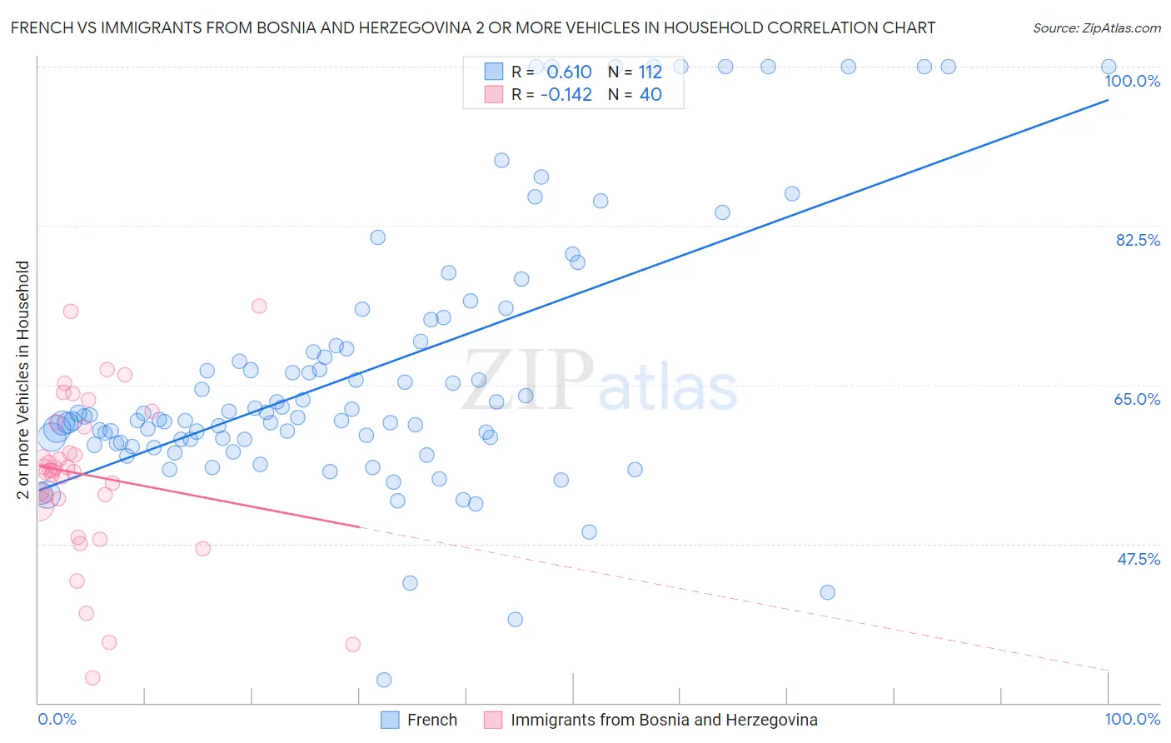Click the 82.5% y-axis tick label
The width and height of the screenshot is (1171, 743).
click(x=1137, y=240)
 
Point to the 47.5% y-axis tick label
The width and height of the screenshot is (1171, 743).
click(x=1138, y=559)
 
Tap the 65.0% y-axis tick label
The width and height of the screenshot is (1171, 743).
click(x=1137, y=399)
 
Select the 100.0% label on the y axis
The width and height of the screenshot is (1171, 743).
click(x=1132, y=81)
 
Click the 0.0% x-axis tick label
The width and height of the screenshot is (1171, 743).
click(x=57, y=719)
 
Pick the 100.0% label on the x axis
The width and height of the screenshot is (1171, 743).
click(x=1132, y=719)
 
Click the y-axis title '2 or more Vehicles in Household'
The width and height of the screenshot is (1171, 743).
click(x=22, y=380)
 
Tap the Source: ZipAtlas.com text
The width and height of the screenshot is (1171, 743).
click(x=1096, y=27)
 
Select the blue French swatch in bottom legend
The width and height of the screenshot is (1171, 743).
click(x=390, y=720)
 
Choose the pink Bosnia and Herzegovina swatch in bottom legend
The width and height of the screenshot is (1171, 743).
click(x=493, y=720)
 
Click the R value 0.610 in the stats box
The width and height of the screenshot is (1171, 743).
click(x=569, y=72)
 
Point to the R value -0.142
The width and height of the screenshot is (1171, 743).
click(x=566, y=94)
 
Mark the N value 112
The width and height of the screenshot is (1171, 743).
click(x=650, y=72)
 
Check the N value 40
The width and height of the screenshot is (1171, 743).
click(x=650, y=94)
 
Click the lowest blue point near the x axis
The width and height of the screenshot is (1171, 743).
click(x=384, y=680)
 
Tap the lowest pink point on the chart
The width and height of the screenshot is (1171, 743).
click(x=92, y=678)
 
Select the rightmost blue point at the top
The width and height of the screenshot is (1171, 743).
click(x=1109, y=67)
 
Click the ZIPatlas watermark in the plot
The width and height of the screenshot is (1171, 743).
click(x=600, y=381)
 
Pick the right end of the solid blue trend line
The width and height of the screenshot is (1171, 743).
click(x=1109, y=100)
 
